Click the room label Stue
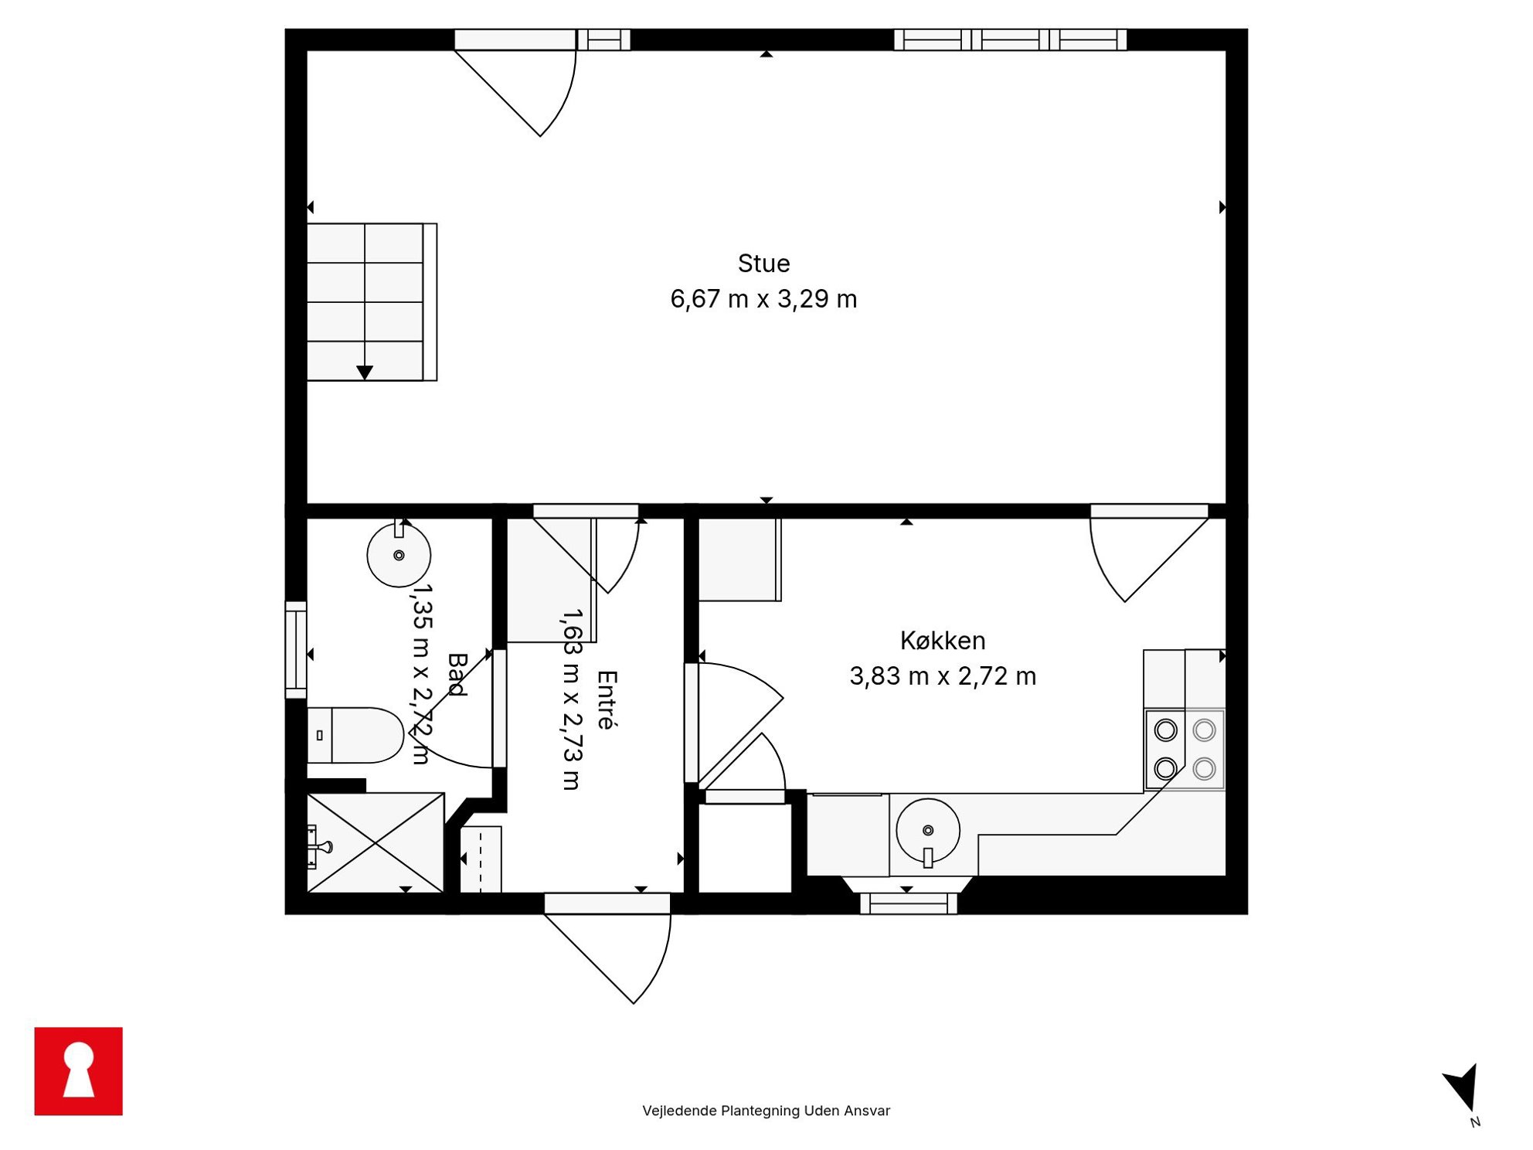tap(763, 264)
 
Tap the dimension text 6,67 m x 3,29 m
tap(763, 299)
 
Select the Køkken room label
tap(943, 641)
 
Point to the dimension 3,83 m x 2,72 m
tap(943, 676)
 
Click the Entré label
tap(607, 700)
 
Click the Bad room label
tap(457, 675)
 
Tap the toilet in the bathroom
tap(355, 735)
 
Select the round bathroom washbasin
tap(399, 555)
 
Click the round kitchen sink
tap(928, 831)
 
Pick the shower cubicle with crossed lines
tap(376, 842)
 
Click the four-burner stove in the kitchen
tap(1185, 750)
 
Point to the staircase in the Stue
tap(372, 302)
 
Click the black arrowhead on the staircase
tap(365, 373)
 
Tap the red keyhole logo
tap(79, 1071)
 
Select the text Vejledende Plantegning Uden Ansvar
tap(766, 1111)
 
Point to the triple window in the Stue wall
tap(1011, 39)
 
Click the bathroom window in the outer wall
tap(296, 650)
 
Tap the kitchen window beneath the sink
tap(909, 903)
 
